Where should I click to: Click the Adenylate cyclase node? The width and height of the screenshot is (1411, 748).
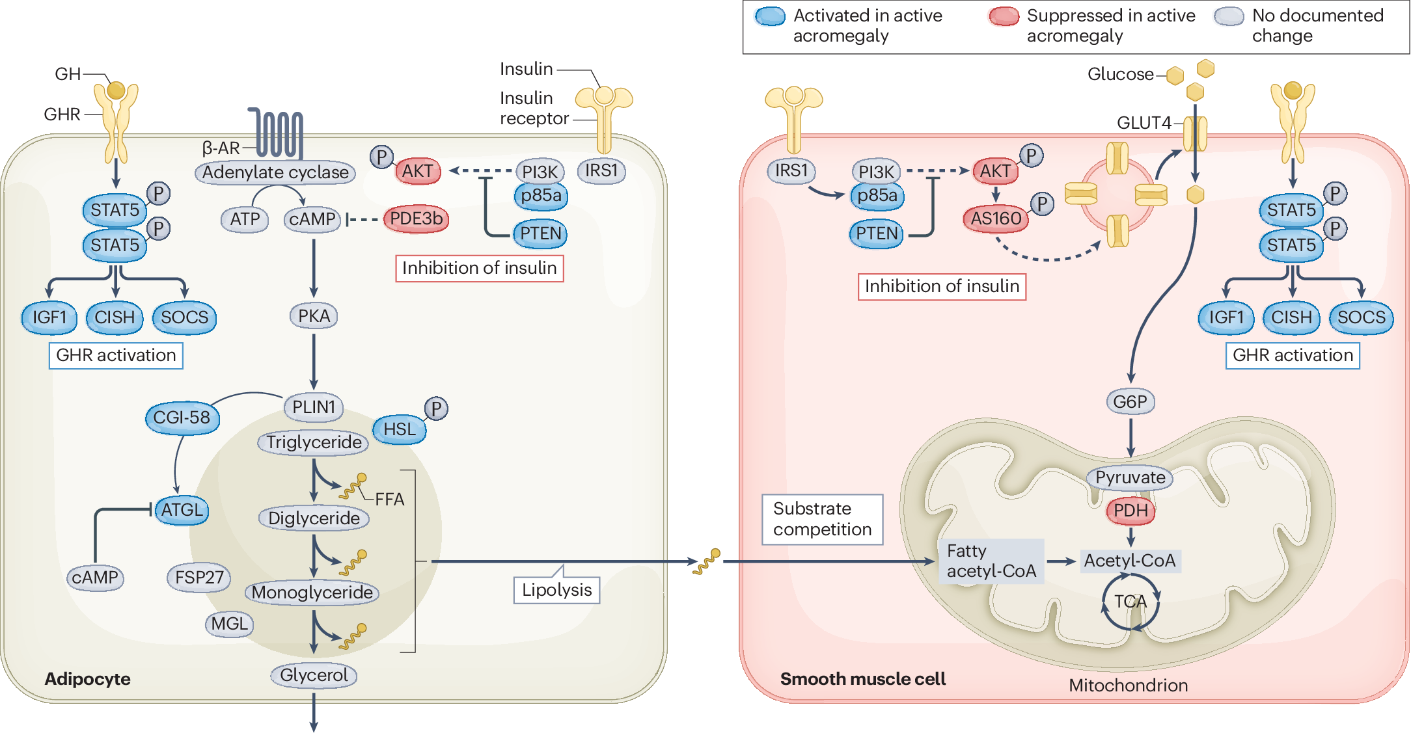275,172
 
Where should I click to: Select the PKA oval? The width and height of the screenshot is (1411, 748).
314,316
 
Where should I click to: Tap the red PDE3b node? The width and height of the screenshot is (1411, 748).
416,219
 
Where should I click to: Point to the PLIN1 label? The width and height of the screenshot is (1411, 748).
314,407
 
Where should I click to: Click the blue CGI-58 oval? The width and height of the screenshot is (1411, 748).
182,418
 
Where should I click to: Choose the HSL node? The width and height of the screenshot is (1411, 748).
400,429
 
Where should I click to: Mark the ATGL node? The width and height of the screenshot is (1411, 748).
182,510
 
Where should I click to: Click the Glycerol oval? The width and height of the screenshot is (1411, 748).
314,675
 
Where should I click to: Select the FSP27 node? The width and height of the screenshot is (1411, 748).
199,578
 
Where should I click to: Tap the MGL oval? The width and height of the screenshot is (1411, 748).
229,624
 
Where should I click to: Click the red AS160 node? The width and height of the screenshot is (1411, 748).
996,219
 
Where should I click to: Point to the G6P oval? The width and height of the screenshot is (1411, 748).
1130,402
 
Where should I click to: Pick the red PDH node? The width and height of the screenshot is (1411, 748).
1130,511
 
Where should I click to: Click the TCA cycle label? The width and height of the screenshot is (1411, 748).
1130,602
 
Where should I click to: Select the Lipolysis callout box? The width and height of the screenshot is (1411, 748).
556,590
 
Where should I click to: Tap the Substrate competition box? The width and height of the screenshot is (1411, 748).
823,519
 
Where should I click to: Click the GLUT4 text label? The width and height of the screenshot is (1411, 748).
1144,123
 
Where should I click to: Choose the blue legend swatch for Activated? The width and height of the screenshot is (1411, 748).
771,16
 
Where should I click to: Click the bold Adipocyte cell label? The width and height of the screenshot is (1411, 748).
88,679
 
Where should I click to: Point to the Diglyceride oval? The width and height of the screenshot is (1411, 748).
314,518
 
